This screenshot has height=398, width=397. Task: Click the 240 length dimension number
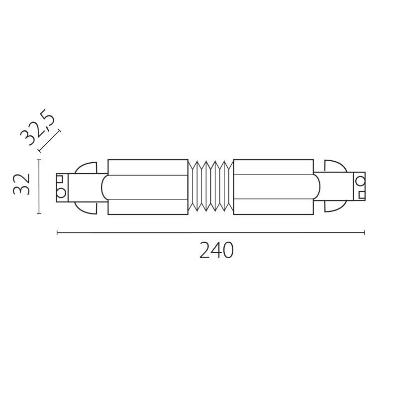[216, 251]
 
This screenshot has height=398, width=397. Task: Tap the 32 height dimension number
[23, 185]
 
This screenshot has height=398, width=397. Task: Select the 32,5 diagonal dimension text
[37, 129]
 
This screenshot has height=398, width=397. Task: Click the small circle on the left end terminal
[61, 193]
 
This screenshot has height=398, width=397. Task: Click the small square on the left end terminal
[60, 179]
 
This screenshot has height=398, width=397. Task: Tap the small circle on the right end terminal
[360, 180]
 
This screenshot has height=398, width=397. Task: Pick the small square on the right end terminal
[362, 195]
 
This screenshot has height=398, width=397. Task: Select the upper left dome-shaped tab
[86, 168]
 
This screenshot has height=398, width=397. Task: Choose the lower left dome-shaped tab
[86, 207]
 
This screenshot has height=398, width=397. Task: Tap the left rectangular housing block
[148, 187]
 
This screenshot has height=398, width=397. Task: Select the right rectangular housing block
[273, 187]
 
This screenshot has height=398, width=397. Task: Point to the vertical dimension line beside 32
[39, 187]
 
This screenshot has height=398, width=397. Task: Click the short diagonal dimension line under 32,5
[49, 141]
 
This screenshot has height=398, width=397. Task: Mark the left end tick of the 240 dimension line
[57, 232]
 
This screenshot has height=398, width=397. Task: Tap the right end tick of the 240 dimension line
[365, 232]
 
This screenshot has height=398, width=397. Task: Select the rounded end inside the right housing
[316, 187]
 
